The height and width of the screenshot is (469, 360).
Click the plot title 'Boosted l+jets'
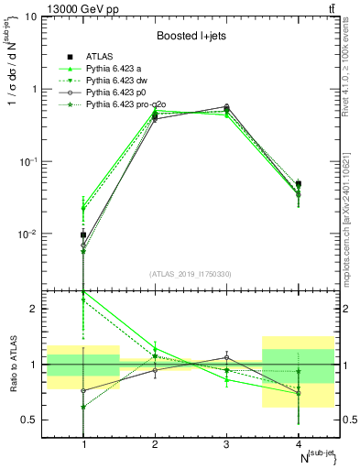pyautogui.click(x=191, y=36)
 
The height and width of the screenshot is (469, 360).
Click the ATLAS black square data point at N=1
pyautogui.click(x=83, y=234)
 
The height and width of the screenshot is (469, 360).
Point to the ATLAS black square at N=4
pyautogui.click(x=298, y=184)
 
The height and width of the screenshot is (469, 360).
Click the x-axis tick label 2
pyautogui.click(x=155, y=444)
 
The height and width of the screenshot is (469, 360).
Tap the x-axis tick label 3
pyautogui.click(x=226, y=444)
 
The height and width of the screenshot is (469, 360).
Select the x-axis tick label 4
pyautogui.click(x=298, y=444)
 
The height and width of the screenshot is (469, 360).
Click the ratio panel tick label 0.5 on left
pyautogui.click(x=32, y=420)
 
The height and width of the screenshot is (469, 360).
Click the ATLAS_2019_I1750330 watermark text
pyautogui.click(x=191, y=274)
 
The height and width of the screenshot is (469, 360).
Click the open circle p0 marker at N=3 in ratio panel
pyautogui.click(x=226, y=357)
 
